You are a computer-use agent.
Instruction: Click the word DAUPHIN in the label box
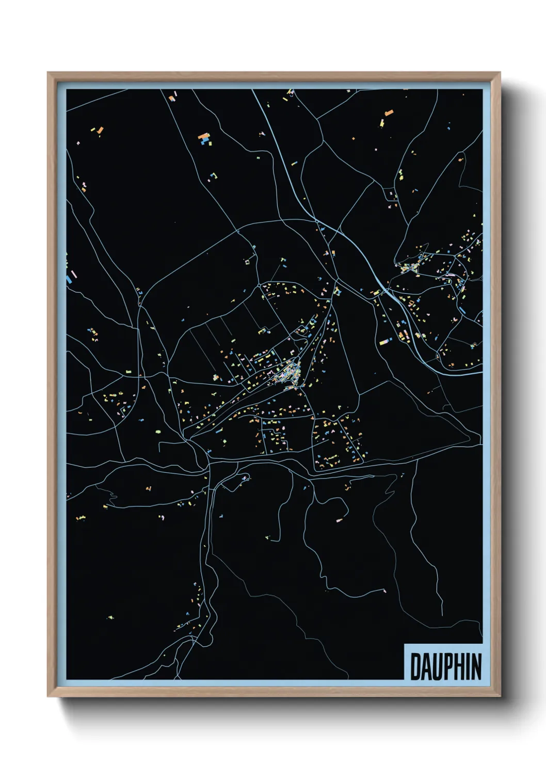445,666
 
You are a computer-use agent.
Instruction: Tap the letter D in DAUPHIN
415,666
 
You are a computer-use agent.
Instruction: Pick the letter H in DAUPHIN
460,666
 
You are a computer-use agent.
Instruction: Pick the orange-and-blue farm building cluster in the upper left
205,138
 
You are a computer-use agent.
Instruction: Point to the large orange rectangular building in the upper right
389,112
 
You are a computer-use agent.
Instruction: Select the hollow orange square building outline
247,262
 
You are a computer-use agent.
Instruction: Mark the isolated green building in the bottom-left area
110,617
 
